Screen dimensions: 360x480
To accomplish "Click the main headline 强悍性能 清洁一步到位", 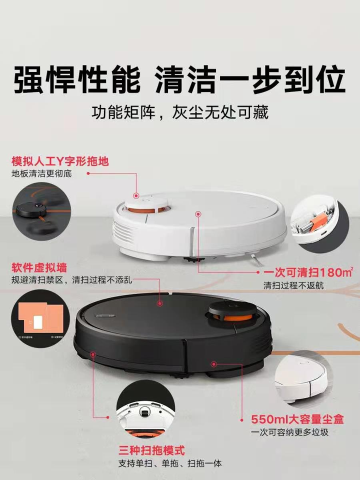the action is pyautogui.click(x=179, y=80).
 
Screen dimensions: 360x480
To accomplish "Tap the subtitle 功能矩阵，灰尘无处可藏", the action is pyautogui.click(x=180, y=112).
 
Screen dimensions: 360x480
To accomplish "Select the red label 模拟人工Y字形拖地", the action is pyautogui.click(x=60, y=161).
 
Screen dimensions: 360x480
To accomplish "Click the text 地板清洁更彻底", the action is pyautogui.click(x=41, y=174).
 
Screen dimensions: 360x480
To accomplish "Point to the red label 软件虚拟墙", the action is pyautogui.click(x=39, y=268).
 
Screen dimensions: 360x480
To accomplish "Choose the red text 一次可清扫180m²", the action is pyautogui.click(x=308, y=272).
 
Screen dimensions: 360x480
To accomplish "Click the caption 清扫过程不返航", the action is pyautogui.click(x=293, y=285).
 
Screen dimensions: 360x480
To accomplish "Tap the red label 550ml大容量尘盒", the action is pyautogui.click(x=297, y=419).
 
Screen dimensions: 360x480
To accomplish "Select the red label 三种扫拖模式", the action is pyautogui.click(x=151, y=450).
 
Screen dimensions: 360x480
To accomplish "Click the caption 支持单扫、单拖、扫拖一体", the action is pyautogui.click(x=170, y=463).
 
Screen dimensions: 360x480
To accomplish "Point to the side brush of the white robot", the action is pyautogui.click(x=253, y=258).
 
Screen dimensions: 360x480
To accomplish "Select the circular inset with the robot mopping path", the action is pyautogui.click(x=41, y=212).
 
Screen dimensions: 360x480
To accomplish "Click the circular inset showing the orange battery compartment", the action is pyautogui.click(x=319, y=223).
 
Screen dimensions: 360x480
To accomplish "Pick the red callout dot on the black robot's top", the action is pyautogui.click(x=159, y=303).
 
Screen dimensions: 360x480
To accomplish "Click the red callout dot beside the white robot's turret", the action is pyautogui.click(x=136, y=195).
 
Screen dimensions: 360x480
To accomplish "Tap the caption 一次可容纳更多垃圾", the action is pyautogui.click(x=289, y=432).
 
